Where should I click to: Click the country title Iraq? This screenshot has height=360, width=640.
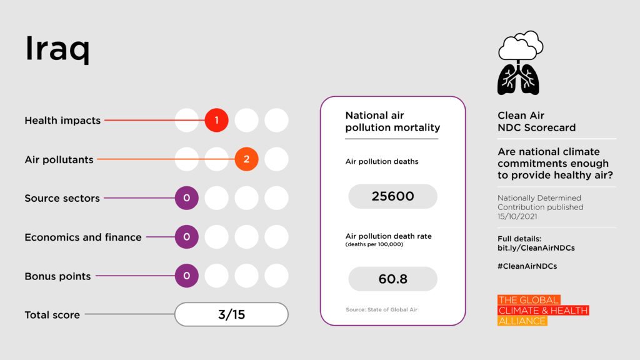(x=57, y=50)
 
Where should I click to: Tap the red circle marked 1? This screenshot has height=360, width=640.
(x=216, y=121)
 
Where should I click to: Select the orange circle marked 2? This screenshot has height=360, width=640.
(x=246, y=159)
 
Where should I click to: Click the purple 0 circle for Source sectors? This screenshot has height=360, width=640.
(x=186, y=198)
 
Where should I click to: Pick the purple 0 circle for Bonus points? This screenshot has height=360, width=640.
(x=186, y=276)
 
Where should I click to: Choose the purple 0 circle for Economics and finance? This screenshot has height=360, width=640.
(x=186, y=237)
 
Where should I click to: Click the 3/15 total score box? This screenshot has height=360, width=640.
(x=231, y=314)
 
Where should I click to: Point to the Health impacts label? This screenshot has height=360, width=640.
(x=62, y=121)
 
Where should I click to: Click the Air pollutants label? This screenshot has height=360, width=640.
(x=59, y=160)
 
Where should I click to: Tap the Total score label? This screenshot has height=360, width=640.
(x=52, y=315)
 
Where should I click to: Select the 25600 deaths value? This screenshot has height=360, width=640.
(x=392, y=196)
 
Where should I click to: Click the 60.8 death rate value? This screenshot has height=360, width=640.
(x=392, y=279)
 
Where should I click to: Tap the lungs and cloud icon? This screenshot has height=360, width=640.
(x=519, y=62)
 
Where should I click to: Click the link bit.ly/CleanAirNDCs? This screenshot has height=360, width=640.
(x=536, y=248)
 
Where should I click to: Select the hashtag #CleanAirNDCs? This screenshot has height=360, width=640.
(x=527, y=266)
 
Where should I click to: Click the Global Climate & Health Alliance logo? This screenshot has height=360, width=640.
(x=542, y=311)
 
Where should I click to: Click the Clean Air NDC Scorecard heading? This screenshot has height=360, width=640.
(x=536, y=122)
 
